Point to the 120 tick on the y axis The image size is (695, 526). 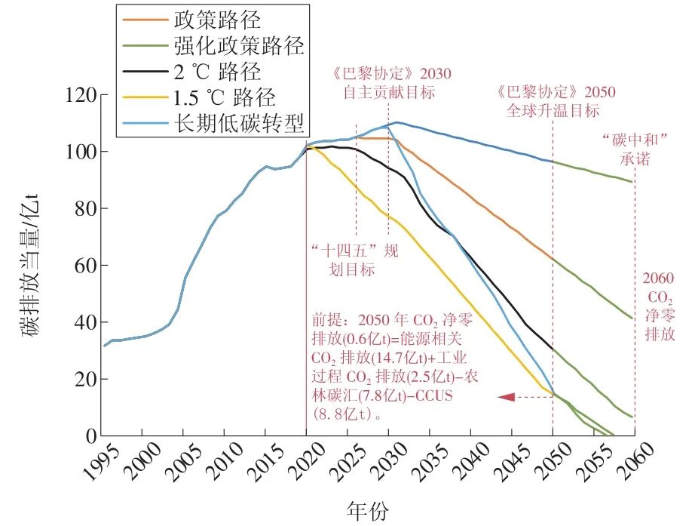coord(75,95)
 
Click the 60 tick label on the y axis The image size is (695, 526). coord(81,266)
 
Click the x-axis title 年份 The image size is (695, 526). coord(369,511)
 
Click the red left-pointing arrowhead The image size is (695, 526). coord(506,396)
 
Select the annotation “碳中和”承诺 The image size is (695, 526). coord(629,149)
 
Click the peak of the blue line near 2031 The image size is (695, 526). coord(396,122)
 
